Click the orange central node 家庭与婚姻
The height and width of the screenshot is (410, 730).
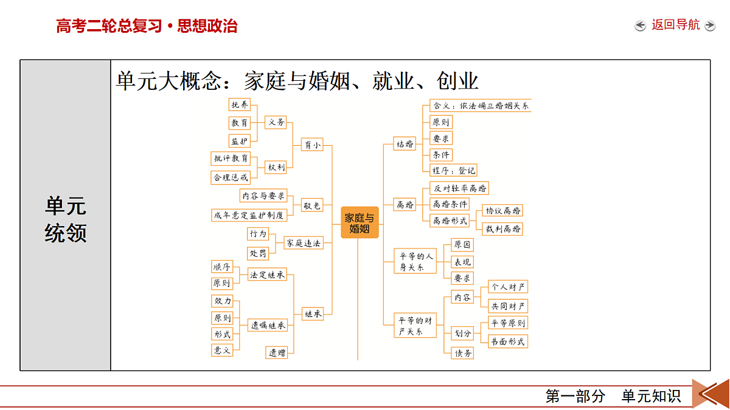click(x=360, y=222)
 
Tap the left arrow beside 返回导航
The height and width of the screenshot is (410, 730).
click(x=640, y=26)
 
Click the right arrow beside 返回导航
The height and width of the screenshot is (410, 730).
click(x=710, y=26)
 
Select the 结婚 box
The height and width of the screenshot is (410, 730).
click(x=405, y=144)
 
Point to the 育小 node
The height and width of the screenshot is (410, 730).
click(x=312, y=145)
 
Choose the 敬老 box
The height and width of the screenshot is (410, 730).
click(x=312, y=205)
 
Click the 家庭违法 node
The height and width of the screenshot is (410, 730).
click(x=304, y=243)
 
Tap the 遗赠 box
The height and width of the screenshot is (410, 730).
click(x=277, y=352)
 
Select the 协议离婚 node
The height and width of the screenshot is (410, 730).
click(x=502, y=211)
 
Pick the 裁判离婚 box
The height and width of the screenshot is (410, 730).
click(x=502, y=229)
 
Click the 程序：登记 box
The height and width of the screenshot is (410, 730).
click(x=453, y=170)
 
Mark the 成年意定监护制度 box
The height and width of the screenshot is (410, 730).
click(x=249, y=215)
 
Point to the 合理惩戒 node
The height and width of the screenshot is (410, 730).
click(x=231, y=177)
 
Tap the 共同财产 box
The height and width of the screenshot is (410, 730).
click(x=508, y=306)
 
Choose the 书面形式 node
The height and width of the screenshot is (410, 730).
click(x=508, y=341)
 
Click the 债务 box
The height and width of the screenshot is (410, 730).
click(x=462, y=353)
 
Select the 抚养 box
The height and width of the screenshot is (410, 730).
click(x=240, y=104)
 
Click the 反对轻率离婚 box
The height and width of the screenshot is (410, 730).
click(x=459, y=188)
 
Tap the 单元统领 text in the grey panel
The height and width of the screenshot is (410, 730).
click(x=66, y=219)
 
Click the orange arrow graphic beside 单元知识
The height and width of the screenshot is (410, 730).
click(x=711, y=394)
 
